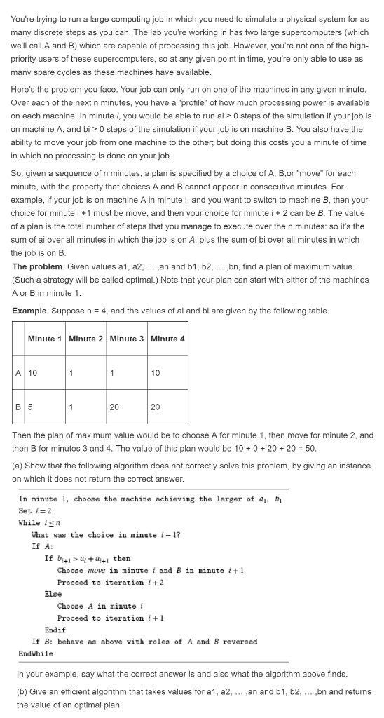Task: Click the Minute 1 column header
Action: tap(46, 339)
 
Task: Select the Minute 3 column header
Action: tap(128, 339)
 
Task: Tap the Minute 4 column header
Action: tap(168, 339)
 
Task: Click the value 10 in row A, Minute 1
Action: tap(33, 372)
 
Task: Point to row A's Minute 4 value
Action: tap(156, 372)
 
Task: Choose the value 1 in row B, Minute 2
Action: tap(71, 406)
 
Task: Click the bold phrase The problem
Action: tap(39, 266)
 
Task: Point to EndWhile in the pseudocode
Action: tap(36, 653)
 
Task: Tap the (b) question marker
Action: tap(18, 692)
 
